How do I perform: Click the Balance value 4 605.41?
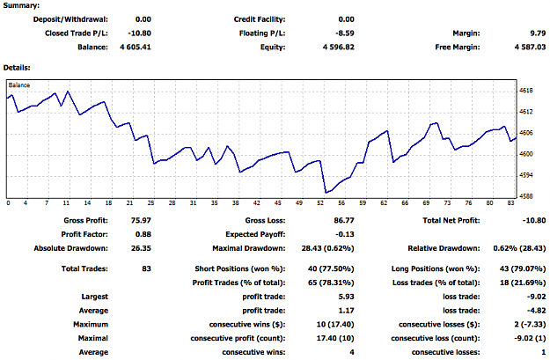point(136,47)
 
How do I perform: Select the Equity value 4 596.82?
point(339,47)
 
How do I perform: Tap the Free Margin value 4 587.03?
point(530,47)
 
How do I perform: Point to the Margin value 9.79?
point(538,33)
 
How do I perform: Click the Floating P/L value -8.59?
point(345,33)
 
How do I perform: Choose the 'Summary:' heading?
point(21,5)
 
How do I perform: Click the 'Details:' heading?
point(17,68)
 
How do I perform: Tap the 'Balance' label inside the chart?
point(19,84)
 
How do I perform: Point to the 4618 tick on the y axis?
point(525,91)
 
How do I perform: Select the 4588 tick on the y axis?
point(525,196)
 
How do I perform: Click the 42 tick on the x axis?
point(257,202)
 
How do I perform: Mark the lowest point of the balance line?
point(326,193)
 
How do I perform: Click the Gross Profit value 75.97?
point(141,220)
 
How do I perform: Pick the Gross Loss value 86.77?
point(344,220)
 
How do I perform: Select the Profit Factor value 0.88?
point(143,234)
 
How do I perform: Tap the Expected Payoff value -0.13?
point(345,234)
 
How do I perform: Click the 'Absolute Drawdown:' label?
point(71,248)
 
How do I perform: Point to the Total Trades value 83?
point(147,268)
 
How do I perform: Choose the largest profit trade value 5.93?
point(347,297)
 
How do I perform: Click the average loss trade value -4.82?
point(536,311)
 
